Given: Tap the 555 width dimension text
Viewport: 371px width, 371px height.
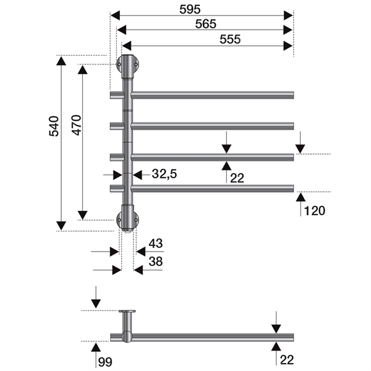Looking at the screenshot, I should tap(229, 38).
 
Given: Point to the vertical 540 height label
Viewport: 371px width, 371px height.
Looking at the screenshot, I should tap(54, 126).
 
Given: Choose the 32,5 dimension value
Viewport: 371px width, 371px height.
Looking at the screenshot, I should tap(164, 175).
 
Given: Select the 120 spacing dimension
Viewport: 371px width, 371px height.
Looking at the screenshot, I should tap(313, 211).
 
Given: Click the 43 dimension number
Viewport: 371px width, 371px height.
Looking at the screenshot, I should tap(155, 243).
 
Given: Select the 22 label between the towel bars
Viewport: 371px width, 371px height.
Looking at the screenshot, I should tap(237, 178).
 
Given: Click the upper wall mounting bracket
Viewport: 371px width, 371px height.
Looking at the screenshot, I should tap(128, 64).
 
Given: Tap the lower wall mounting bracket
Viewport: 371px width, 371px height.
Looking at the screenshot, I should tap(128, 218).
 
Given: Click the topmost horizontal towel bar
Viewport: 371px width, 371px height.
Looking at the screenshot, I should tap(210, 95).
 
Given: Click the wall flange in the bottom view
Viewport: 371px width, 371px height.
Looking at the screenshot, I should tap(128, 312).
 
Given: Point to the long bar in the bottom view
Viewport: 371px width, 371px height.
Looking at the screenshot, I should tap(210, 337).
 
